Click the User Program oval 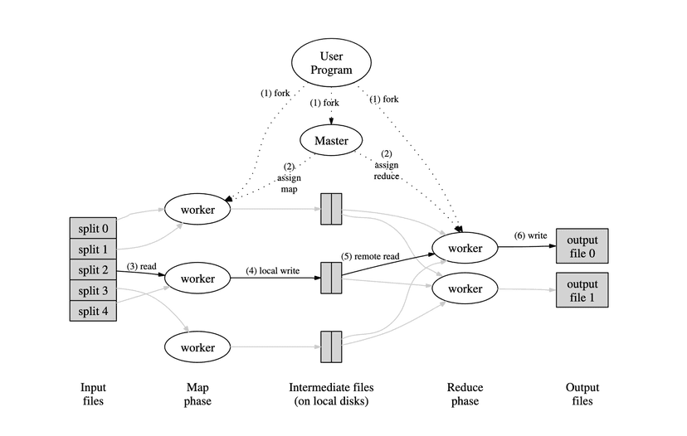[x=331, y=63]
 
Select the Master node [x=331, y=140]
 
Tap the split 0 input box [x=94, y=228]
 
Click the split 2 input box [x=94, y=269]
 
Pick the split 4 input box [x=94, y=311]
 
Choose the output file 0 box [x=582, y=246]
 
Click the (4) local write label [x=272, y=270]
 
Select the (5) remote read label [x=371, y=256]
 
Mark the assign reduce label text [x=387, y=171]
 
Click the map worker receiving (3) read [x=198, y=278]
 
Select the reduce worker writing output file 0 [x=465, y=247]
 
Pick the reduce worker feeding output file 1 [x=465, y=288]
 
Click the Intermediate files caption [x=331, y=394]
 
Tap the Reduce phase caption [x=465, y=394]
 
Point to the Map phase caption [x=197, y=394]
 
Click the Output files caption [x=582, y=394]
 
